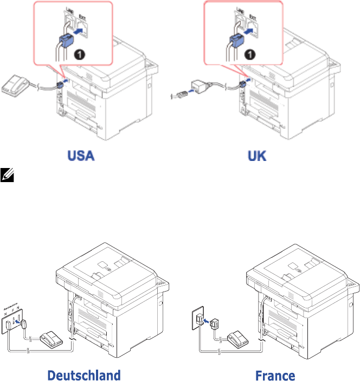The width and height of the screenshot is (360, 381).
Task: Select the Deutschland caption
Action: coord(83,375)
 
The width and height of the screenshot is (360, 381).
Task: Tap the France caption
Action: coord(276,375)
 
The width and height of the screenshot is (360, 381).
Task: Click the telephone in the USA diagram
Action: coord(16,86)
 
